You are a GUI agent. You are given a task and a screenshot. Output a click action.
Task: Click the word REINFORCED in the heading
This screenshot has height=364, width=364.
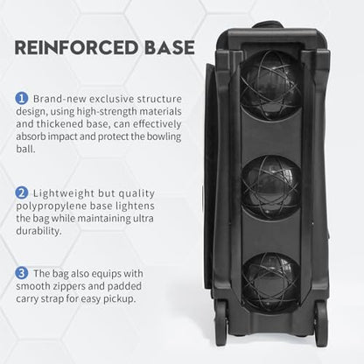click(x=76, y=47)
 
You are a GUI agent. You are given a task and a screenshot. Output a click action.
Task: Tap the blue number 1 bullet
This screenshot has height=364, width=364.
click(x=21, y=99)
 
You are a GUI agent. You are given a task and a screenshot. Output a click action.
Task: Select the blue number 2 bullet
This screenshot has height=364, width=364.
click(x=21, y=193)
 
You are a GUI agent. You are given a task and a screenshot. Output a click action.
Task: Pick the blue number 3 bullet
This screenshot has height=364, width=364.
click(x=21, y=273)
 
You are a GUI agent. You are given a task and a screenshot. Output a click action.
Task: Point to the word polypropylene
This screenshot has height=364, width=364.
click(x=51, y=206)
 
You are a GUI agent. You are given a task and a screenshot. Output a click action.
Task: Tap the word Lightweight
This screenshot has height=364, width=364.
click(x=64, y=193)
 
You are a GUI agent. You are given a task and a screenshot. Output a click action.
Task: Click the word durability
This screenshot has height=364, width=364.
click(x=38, y=231)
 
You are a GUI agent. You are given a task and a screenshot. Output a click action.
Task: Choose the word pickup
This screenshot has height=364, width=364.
click(x=120, y=299)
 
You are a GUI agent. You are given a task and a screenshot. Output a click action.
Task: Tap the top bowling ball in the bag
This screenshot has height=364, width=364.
click(x=270, y=85)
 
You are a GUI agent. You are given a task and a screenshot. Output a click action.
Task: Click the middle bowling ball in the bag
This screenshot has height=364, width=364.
click(x=271, y=186)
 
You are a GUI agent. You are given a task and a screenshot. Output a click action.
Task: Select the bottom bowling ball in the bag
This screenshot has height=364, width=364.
click(x=271, y=283)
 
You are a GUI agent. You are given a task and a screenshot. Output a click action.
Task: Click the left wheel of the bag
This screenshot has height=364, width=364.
click(x=221, y=324)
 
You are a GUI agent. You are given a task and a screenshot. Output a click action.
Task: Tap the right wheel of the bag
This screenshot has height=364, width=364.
click(x=321, y=324)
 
